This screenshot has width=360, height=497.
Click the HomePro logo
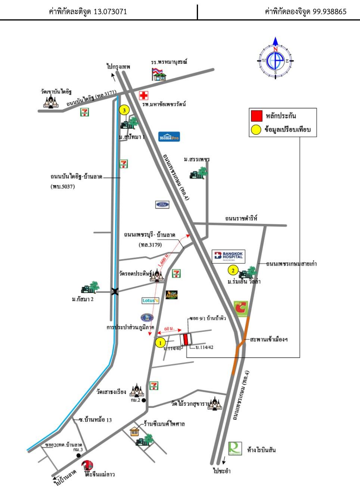[x=169, y=137]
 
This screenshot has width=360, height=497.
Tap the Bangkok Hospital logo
[x=229, y=256]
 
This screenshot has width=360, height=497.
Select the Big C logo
[x=241, y=309]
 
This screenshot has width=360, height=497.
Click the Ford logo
[x=162, y=204]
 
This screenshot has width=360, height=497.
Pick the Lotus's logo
[x=150, y=300]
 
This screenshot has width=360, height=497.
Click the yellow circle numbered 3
[x=124, y=110]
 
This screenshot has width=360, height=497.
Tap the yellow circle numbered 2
[x=233, y=271]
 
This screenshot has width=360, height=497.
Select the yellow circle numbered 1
[x=160, y=342]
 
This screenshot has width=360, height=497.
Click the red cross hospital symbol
[x=143, y=96]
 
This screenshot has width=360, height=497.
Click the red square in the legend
[x=257, y=116]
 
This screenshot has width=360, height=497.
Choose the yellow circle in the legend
[x=256, y=130]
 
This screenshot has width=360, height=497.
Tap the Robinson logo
[x=235, y=448]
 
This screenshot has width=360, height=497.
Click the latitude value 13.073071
[x=110, y=12]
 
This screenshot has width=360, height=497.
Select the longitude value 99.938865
[x=329, y=12]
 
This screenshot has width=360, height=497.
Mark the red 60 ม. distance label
[x=169, y=328]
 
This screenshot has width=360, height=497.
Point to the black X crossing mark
[x=115, y=292]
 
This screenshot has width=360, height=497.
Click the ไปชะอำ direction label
[x=222, y=471]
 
